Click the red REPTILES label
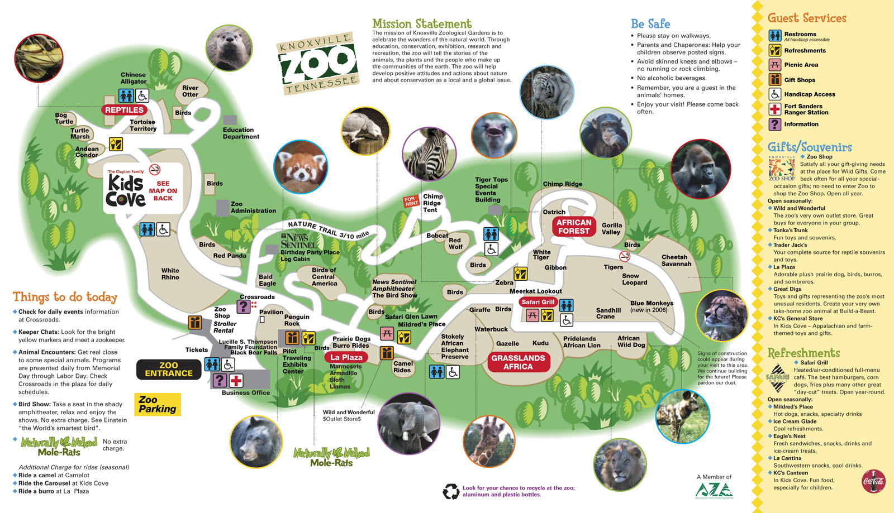(x=124, y=110)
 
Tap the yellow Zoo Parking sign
(x=158, y=404)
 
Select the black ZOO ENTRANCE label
(x=168, y=370)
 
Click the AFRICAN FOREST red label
(x=573, y=227)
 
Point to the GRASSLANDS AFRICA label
(x=518, y=362)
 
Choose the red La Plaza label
(x=346, y=357)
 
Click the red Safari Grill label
(x=538, y=302)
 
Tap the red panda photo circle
(x=301, y=167)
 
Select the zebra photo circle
(x=429, y=154)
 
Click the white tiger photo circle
(x=546, y=92)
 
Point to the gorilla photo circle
(x=700, y=169)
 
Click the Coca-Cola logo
(x=873, y=481)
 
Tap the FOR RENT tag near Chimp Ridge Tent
(x=412, y=201)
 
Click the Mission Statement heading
(x=422, y=23)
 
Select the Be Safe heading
(x=650, y=23)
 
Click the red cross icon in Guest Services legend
(x=774, y=109)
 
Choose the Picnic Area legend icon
(x=774, y=65)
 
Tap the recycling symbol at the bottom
(x=451, y=491)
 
